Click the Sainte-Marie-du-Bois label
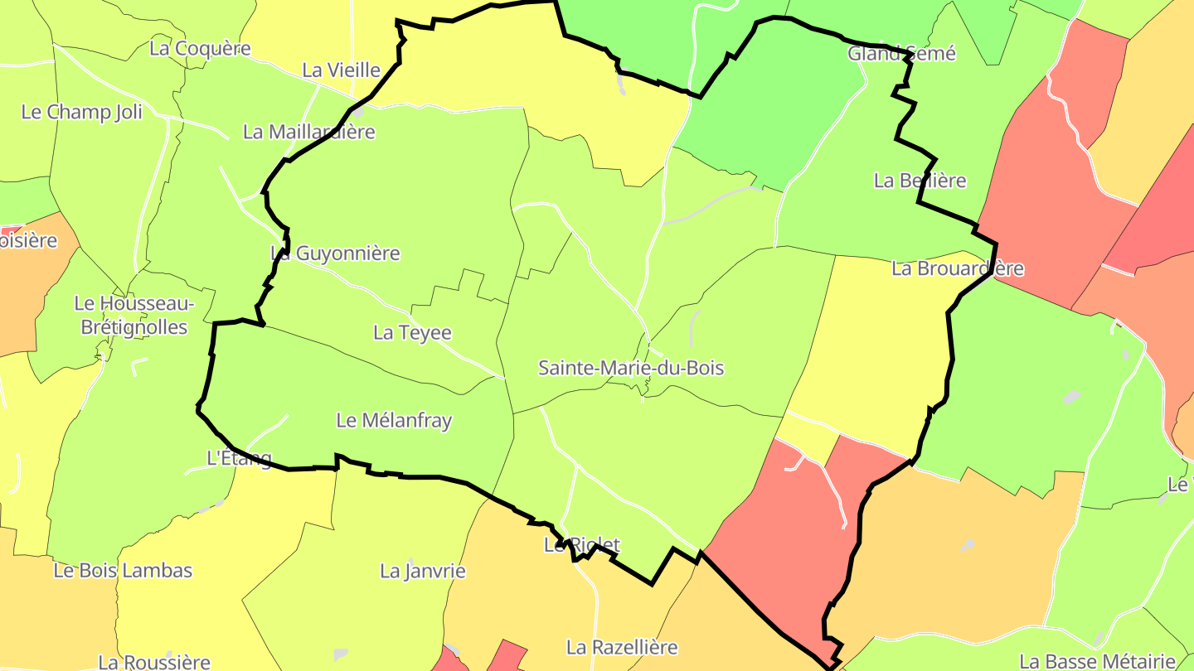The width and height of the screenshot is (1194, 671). point(631,368)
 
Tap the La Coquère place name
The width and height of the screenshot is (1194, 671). point(200,48)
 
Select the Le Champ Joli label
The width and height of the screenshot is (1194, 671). point(81,112)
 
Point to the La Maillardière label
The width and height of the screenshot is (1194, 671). point(308,132)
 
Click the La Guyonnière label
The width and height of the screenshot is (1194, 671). point(335,253)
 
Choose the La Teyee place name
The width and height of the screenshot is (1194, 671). point(412,333)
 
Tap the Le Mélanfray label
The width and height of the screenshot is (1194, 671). point(394,420)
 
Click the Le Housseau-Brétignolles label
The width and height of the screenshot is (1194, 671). point(133,316)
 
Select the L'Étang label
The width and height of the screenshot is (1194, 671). point(238,458)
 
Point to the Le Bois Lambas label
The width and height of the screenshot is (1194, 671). point(123,571)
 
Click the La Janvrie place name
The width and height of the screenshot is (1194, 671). point(422,571)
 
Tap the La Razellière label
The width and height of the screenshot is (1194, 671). point(622,647)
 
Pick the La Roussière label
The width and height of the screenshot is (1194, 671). point(154,662)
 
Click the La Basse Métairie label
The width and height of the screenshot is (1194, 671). point(1097,661)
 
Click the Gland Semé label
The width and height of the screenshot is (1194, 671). point(901,54)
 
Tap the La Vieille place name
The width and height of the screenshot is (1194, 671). point(341,70)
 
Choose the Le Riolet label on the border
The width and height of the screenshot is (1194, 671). point(581,545)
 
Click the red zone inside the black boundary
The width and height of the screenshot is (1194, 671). point(788,530)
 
